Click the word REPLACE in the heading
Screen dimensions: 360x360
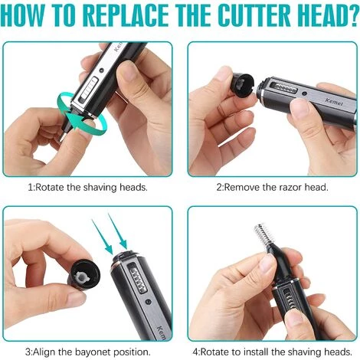[126, 15]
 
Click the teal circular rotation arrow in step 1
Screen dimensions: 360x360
[81, 113]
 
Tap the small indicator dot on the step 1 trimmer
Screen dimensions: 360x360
[102, 70]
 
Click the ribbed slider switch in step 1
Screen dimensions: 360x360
[89, 90]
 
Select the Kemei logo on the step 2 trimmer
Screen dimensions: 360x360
[334, 102]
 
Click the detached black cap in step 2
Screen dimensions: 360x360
[243, 85]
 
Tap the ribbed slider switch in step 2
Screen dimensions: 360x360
[283, 88]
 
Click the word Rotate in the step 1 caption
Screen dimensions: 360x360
[50, 188]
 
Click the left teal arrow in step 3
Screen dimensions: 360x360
[103, 237]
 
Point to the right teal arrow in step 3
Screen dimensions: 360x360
[118, 231]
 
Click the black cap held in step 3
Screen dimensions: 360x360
[84, 275]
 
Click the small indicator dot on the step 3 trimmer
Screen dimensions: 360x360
[148, 303]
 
